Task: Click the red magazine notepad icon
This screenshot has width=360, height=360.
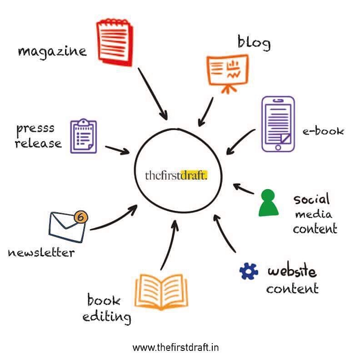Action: tap(115, 42)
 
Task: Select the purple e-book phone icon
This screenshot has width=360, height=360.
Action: tap(278, 124)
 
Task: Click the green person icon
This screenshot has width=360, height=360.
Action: tap(268, 203)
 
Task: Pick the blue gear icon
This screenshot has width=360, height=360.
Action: tap(249, 271)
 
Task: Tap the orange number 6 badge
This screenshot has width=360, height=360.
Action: tap(81, 217)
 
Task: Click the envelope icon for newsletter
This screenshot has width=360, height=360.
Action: tap(67, 227)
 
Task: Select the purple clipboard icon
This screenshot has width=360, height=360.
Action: tap(84, 136)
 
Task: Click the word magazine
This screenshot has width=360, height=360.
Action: tap(52, 52)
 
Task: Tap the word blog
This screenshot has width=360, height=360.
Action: tap(254, 43)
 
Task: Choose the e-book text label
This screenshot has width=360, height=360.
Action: tap(323, 131)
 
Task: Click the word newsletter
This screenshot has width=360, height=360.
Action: tap(41, 253)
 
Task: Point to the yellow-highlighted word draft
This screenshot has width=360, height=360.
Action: tap(194, 175)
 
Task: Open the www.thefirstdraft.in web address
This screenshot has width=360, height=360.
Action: tap(175, 347)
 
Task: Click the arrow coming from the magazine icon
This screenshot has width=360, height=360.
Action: tap(152, 93)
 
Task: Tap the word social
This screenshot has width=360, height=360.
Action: tap(311, 199)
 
